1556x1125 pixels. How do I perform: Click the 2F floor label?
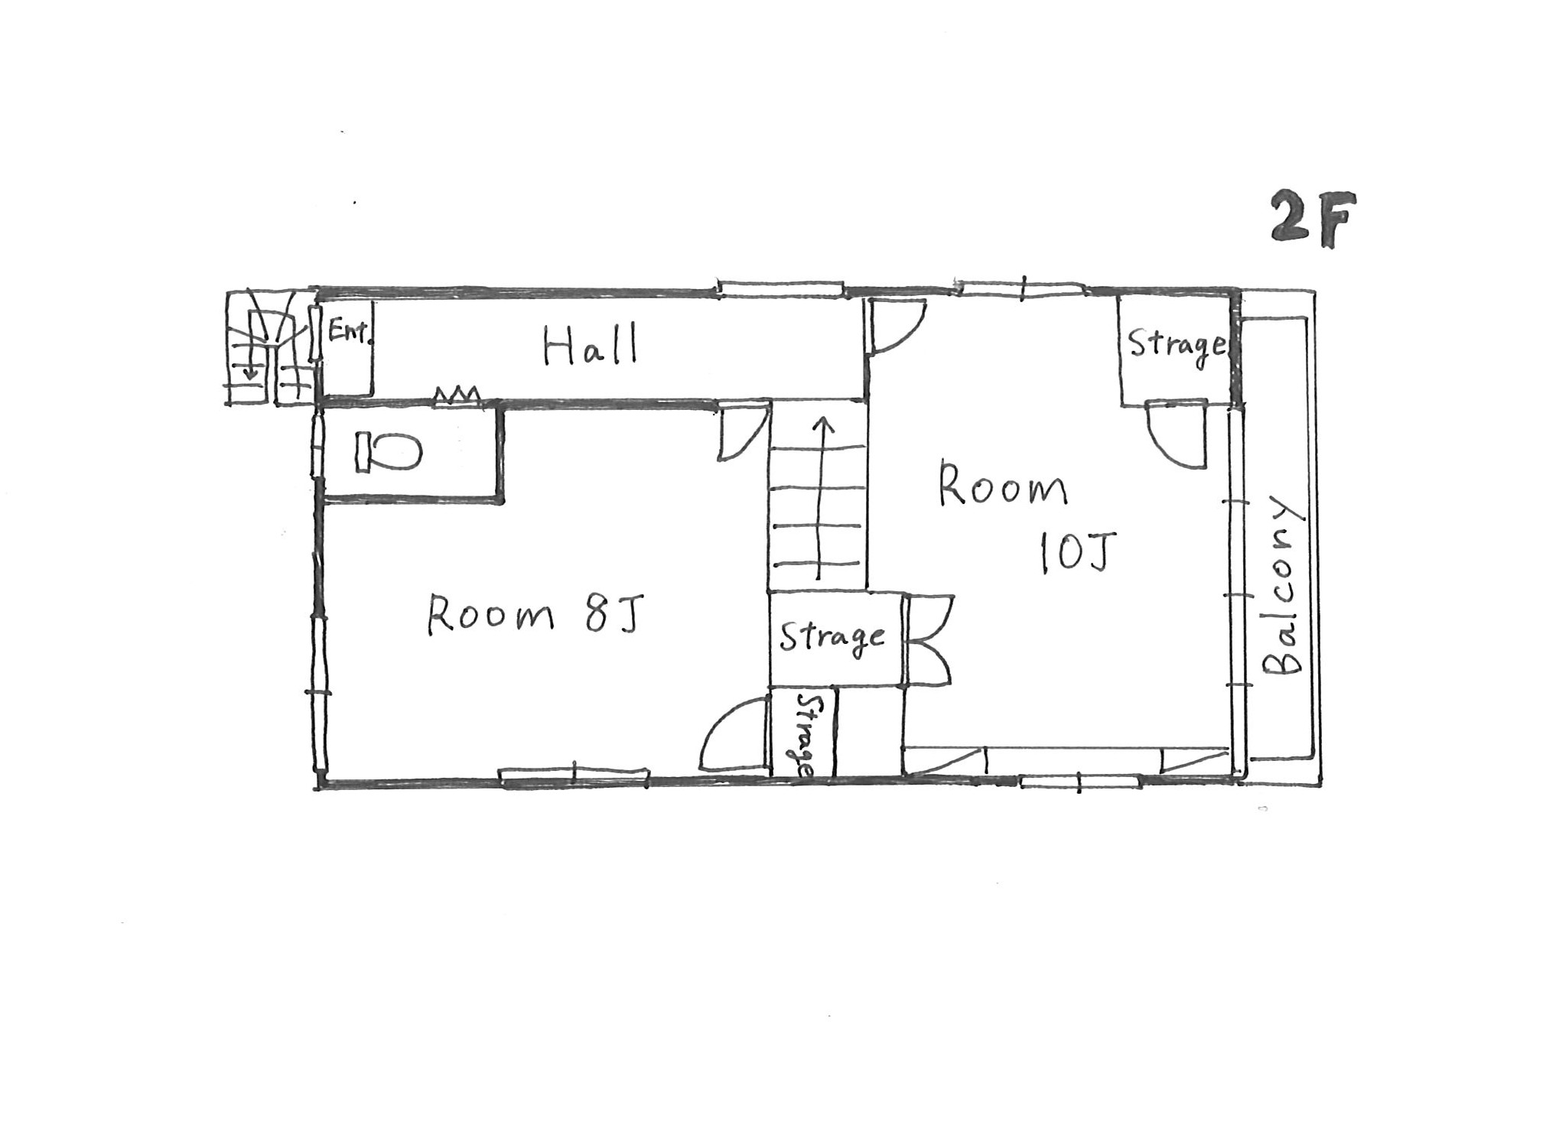[1313, 219]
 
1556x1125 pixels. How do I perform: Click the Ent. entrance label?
[350, 332]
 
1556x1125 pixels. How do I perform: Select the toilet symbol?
[388, 451]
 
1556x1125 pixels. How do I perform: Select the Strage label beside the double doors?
[832, 637]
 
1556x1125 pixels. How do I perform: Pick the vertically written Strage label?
[806, 736]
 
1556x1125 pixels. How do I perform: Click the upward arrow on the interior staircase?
[821, 498]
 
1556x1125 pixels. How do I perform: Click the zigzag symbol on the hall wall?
[457, 395]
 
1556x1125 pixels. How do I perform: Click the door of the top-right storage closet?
[1177, 433]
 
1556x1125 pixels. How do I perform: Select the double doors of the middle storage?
[928, 639]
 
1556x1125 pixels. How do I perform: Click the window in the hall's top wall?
[780, 289]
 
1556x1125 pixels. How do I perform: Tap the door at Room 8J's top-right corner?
[741, 432]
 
